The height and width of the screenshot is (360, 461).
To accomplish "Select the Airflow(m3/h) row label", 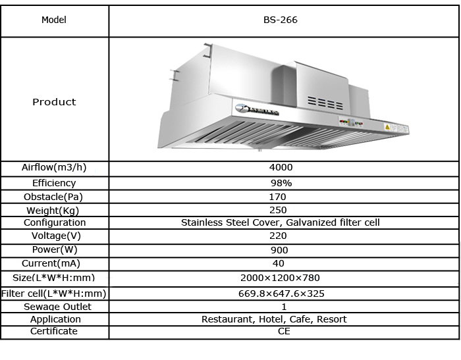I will [54, 168].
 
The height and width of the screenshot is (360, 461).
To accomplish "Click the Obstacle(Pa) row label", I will [54, 197].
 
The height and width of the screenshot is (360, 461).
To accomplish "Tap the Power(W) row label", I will [54, 250].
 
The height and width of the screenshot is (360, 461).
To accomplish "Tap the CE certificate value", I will [283, 331].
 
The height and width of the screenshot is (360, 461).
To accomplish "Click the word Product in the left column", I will [54, 102].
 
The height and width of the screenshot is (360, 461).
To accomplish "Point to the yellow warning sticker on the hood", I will [388, 124].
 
